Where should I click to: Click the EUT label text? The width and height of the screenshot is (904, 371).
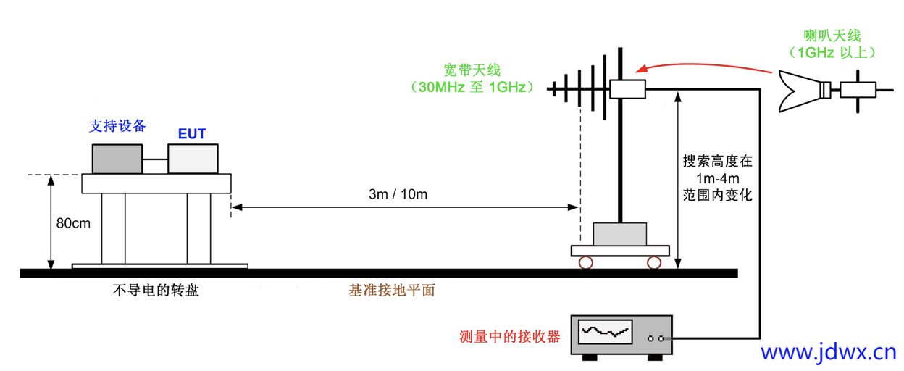[192, 133]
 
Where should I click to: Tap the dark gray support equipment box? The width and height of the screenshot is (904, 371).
[117, 159]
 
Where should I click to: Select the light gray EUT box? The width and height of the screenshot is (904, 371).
[193, 159]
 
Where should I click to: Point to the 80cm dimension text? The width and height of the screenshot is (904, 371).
[73, 223]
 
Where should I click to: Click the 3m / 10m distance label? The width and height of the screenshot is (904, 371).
[398, 194]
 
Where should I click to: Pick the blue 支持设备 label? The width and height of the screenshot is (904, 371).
[117, 126]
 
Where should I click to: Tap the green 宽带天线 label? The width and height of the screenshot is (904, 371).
[472, 70]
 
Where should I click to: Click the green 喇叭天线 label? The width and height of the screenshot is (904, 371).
[832, 36]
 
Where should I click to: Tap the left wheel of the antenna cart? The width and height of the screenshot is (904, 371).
[585, 263]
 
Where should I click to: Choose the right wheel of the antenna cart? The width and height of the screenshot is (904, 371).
[654, 263]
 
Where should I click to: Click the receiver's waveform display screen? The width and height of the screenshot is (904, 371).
[605, 332]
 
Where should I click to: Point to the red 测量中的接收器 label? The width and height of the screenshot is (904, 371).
[510, 337]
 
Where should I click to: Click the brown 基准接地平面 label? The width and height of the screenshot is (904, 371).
[392, 291]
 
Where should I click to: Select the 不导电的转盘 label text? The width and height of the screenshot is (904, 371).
[156, 291]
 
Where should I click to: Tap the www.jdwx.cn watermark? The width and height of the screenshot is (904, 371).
[829, 352]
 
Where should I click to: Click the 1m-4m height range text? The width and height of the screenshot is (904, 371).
[718, 178]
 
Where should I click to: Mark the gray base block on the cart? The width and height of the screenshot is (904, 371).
[620, 234]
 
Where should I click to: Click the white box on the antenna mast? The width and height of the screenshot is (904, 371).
[627, 89]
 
